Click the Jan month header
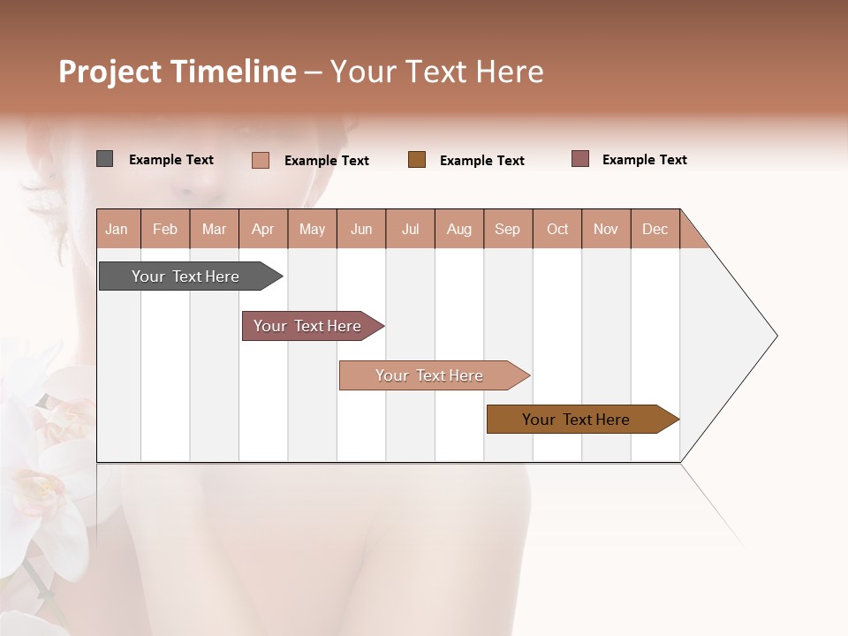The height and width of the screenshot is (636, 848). pos(117,229)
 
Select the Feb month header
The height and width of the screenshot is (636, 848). pos(165,229)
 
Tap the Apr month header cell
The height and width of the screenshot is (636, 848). pos(263,229)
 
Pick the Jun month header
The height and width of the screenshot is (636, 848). pos(361,229)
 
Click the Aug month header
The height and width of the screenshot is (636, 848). pos(459,229)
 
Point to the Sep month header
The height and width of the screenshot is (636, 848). pos(508,229)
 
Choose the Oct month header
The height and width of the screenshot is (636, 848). pos(557,229)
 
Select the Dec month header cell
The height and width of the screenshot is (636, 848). pos(655,229)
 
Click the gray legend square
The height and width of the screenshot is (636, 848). pos(104,159)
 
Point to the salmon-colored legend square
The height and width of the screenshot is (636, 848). pos(260,160)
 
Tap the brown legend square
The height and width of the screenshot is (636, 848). pos(417,160)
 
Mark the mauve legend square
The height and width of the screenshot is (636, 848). pos(580,159)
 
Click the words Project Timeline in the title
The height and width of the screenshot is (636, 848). pos(177,72)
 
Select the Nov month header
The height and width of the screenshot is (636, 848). pos(606,229)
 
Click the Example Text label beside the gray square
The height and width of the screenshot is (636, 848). pos(171,160)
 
